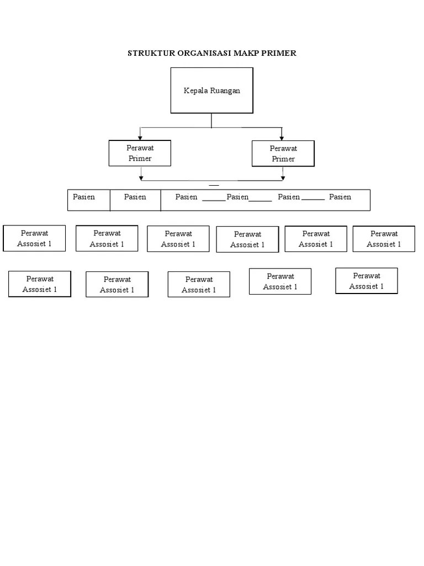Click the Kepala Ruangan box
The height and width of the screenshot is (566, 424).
211,91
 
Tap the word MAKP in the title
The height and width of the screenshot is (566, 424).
249,53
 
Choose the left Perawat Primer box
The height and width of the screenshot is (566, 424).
140,153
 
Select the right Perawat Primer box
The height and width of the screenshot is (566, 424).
283,154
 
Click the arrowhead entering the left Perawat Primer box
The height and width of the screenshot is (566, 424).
140,137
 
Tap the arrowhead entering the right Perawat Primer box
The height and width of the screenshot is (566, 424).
282,138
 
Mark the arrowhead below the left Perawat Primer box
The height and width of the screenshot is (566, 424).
141,177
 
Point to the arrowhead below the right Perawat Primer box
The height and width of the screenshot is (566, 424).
283,177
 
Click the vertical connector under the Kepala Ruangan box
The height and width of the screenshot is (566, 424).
211,120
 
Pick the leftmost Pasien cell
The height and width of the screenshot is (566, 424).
88,200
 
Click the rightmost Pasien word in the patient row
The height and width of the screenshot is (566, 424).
340,197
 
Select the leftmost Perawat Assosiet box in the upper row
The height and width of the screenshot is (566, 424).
34,238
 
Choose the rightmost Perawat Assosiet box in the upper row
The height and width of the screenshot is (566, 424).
384,239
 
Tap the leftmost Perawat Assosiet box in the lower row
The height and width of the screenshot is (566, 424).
40,284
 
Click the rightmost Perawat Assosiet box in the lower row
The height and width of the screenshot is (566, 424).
367,281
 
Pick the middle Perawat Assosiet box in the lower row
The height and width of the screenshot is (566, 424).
199,285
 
